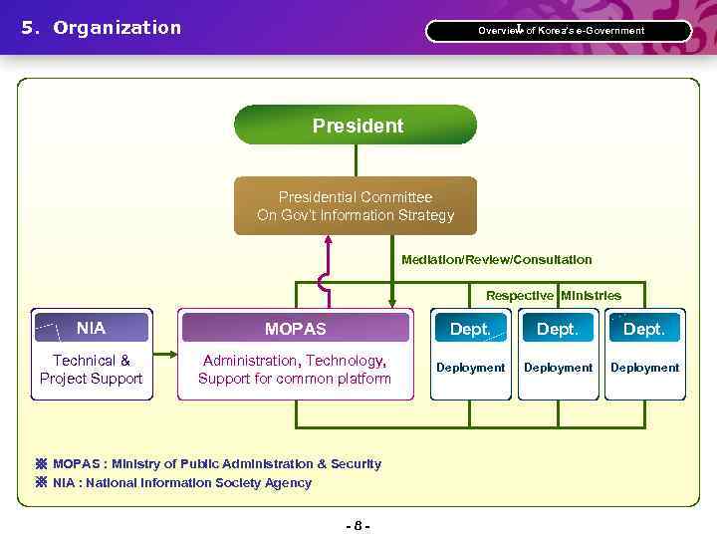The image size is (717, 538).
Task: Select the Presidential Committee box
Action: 355,206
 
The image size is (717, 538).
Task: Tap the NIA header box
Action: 91,328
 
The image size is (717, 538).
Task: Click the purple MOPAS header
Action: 295,328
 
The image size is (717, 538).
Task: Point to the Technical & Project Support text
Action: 91,370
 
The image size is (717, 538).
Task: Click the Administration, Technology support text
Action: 295,370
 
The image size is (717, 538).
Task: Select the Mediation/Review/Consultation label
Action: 496,260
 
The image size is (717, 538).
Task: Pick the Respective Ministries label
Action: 553,296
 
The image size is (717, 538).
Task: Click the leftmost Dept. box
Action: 470,328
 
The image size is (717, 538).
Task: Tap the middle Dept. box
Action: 558,328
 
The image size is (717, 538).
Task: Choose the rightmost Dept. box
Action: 644,328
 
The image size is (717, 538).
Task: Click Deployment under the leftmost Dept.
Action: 470,368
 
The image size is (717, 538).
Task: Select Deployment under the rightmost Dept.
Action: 644,368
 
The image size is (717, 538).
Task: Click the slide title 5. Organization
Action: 102,28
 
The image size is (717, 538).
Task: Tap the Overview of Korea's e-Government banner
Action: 560,31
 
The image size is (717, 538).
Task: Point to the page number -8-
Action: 358,525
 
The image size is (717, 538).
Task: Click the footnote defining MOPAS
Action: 216,464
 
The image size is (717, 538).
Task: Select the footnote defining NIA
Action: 181,483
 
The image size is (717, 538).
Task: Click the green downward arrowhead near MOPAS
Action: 392,300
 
